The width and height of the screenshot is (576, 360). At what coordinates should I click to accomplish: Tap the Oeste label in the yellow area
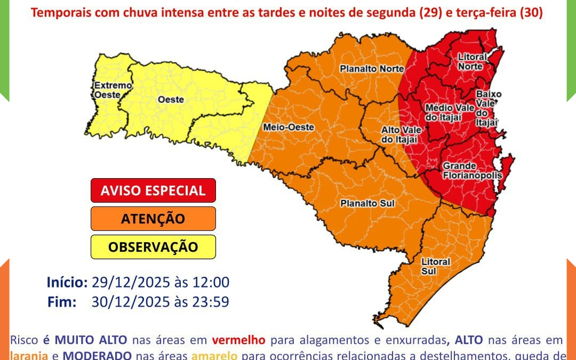(x=171, y=99)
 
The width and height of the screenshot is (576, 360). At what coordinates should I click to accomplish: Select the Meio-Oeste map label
(x=289, y=127)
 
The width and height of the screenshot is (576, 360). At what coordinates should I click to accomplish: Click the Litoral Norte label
(x=472, y=61)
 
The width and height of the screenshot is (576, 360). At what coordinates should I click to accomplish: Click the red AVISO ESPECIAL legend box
(x=153, y=190)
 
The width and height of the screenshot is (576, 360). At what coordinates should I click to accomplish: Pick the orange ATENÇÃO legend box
(x=153, y=219)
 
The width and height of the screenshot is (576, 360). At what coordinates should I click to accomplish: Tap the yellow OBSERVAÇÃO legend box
(x=153, y=247)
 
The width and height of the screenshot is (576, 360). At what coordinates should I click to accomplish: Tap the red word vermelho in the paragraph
(x=238, y=340)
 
